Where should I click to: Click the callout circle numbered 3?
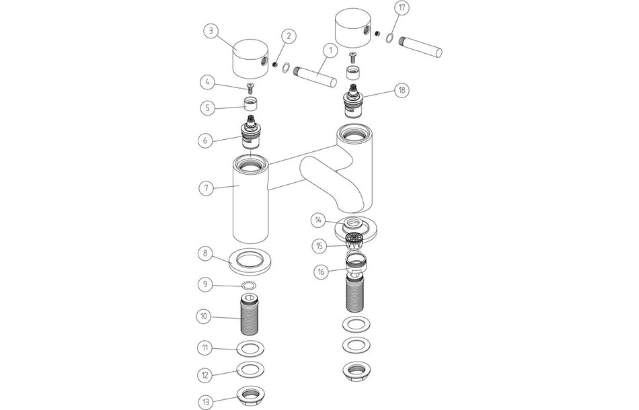pos(213,31)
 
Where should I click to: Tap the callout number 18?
pos(402,90)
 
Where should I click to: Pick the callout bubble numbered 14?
pos(319,220)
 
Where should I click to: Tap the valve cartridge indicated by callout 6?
pos(252,132)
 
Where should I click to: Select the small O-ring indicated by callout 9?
pos(248,285)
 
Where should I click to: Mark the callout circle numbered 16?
pos(322,272)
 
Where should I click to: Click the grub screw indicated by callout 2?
pos(276,63)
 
